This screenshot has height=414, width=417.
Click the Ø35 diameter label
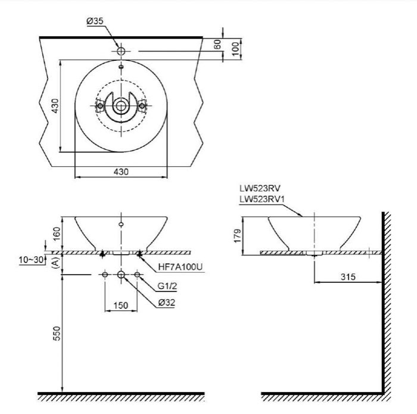coord(95,21)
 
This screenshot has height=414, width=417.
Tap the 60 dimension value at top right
coord(218,43)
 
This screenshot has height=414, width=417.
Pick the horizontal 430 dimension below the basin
coord(121,171)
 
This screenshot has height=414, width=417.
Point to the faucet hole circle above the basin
coord(121,52)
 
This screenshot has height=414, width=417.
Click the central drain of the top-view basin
coord(121,106)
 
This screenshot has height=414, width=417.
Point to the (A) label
coord(55,263)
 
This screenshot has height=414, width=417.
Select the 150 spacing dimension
coord(121,306)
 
